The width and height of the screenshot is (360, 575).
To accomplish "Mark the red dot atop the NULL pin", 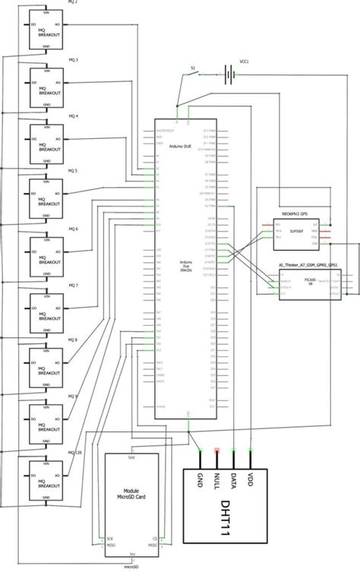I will (x=217, y=450).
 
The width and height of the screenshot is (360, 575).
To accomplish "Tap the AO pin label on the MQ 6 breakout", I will (x=58, y=250).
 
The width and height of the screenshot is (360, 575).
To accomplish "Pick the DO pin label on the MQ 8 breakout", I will (x=34, y=362).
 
